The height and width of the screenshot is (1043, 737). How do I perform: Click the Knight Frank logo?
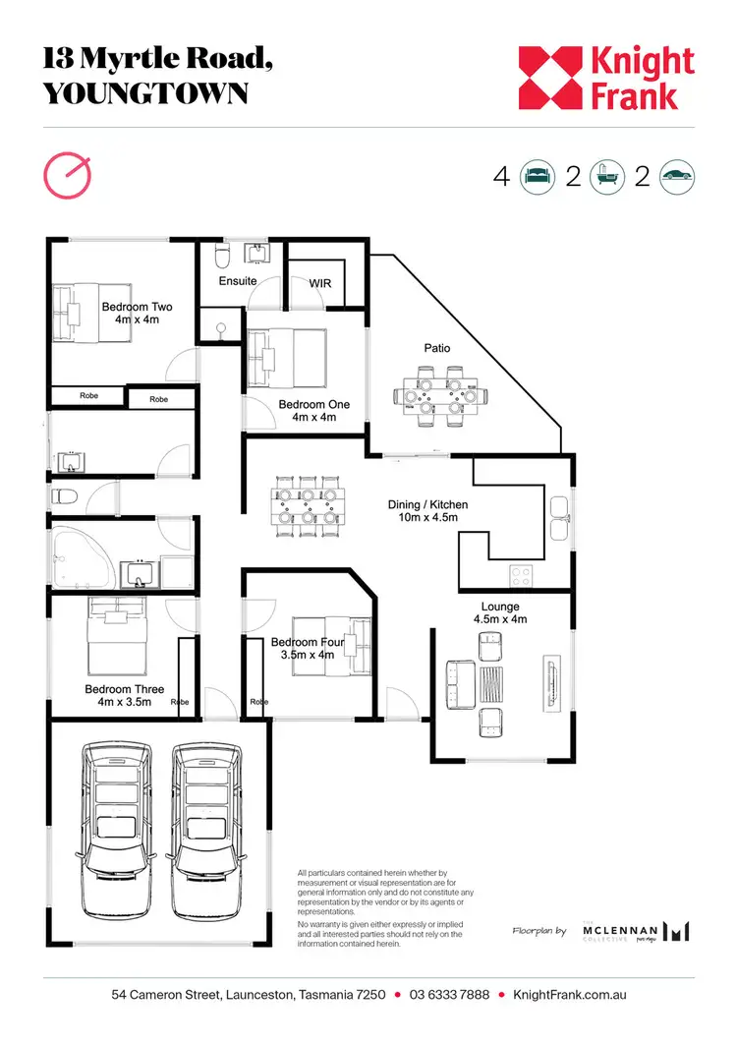(x=606, y=79)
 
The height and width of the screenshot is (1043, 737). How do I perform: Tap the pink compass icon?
(x=68, y=175)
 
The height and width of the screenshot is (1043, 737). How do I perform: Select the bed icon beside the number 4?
(x=538, y=177)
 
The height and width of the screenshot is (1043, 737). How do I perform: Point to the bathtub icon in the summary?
(x=608, y=177)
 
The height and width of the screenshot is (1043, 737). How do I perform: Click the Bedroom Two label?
(x=137, y=313)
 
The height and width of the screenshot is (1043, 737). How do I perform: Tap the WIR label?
(x=320, y=283)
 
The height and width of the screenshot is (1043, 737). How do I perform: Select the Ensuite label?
(x=238, y=281)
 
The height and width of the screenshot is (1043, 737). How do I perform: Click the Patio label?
(x=437, y=348)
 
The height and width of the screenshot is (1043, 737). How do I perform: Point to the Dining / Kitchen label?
(x=427, y=511)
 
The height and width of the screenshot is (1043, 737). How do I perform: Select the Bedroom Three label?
(x=124, y=695)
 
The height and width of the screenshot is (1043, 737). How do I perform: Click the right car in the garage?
(x=206, y=828)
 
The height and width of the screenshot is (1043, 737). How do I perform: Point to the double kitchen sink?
(x=559, y=519)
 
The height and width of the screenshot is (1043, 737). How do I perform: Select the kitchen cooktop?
(x=520, y=574)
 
